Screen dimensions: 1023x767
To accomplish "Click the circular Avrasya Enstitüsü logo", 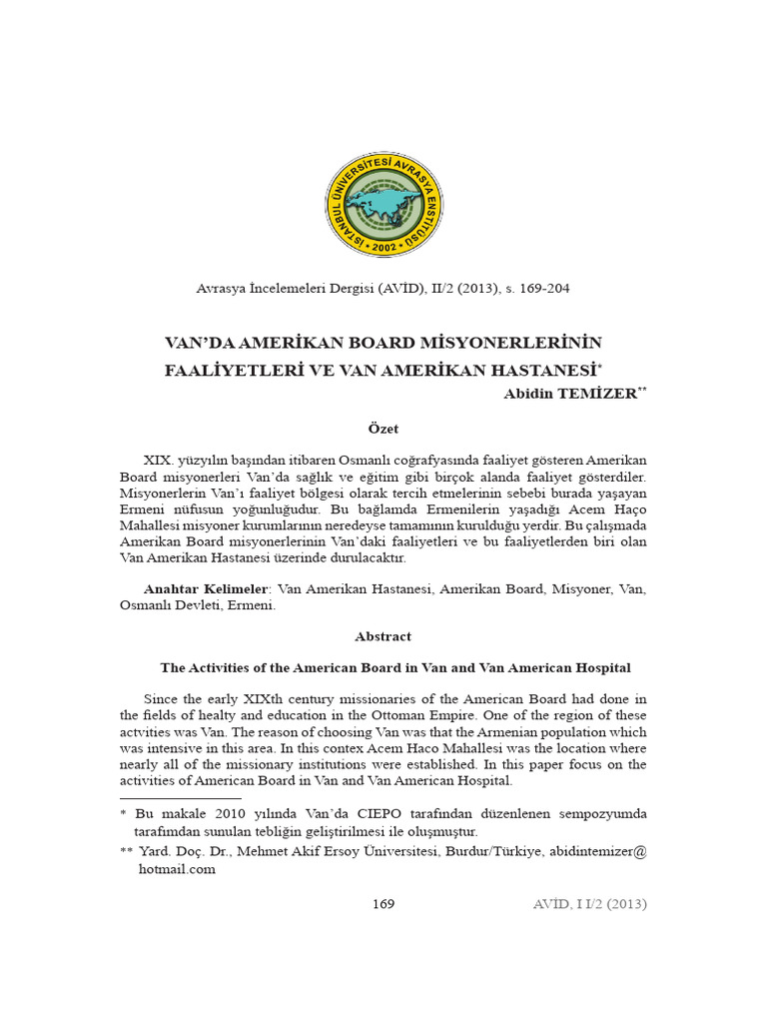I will pos(383,205).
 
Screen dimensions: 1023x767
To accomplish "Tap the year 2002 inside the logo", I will pos(383,245).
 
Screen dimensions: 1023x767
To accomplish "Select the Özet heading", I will pos(383,429).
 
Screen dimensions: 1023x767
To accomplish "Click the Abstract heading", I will pos(383,636).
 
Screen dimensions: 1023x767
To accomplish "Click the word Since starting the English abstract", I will pos(163,698).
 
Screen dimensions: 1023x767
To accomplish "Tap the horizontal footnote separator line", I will pos(180,798).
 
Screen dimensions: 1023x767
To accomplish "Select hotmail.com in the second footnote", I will pos(176,869).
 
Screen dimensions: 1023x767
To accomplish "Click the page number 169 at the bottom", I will pos(383,904).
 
